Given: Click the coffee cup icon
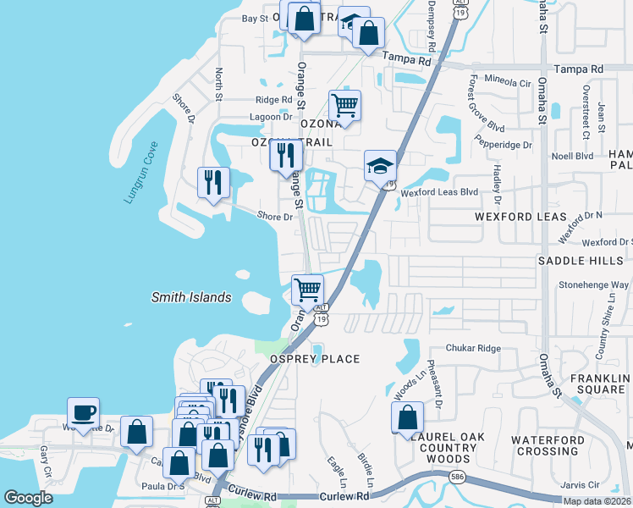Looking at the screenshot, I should coord(83,413).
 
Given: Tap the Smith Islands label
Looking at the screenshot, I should coord(190,297).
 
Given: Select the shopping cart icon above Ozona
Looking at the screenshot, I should coord(344,106).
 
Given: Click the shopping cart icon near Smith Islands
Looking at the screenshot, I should coord(307,290).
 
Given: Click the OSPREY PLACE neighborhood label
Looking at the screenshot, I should coord(315,359).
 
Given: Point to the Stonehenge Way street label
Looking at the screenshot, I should coord(593,285).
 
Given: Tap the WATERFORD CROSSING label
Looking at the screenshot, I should coord(559,445).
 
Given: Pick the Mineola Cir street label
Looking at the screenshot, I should coord(508,83).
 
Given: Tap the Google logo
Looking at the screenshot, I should coord(28,498).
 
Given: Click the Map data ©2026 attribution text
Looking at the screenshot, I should coord(597,501).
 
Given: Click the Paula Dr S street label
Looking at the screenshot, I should coord(164,487).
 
